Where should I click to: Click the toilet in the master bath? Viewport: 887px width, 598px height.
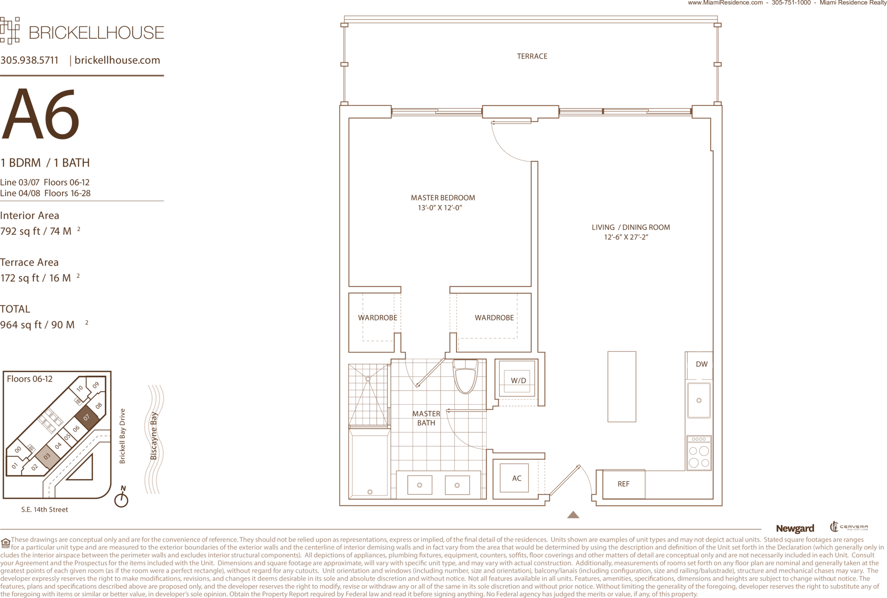465,376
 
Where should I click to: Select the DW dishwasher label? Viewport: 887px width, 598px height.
701,364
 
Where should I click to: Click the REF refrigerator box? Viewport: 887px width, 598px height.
624,484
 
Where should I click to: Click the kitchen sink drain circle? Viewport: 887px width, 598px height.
699,401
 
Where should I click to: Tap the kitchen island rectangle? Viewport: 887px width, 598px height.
622,387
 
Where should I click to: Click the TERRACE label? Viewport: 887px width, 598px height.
532,56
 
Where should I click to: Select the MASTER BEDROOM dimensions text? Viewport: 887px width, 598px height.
440,208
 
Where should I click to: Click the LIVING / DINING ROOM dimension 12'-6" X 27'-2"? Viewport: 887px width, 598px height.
626,237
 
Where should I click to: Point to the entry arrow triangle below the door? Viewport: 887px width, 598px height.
573,515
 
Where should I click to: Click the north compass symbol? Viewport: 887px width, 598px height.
122,497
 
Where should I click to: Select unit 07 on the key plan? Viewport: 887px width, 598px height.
87,417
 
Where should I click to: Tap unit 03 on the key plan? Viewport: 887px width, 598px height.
47,456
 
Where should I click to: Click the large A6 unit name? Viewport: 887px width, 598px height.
40,114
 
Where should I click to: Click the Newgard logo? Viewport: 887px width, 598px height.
795,528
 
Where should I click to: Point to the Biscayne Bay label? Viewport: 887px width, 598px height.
153,436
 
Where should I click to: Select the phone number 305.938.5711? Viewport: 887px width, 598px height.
29,60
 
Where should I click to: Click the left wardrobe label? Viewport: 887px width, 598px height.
378,318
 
